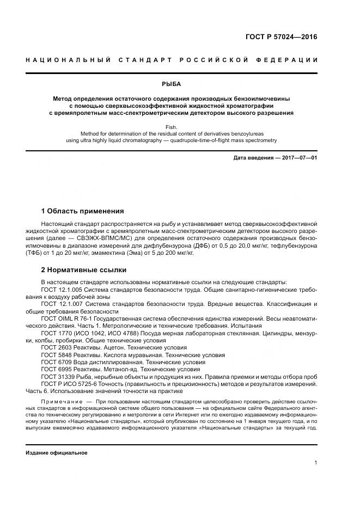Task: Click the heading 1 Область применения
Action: tap(82, 211)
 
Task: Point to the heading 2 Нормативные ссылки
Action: tap(84, 269)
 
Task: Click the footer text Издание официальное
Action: tap(57, 453)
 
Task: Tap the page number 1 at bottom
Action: tap(315, 463)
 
